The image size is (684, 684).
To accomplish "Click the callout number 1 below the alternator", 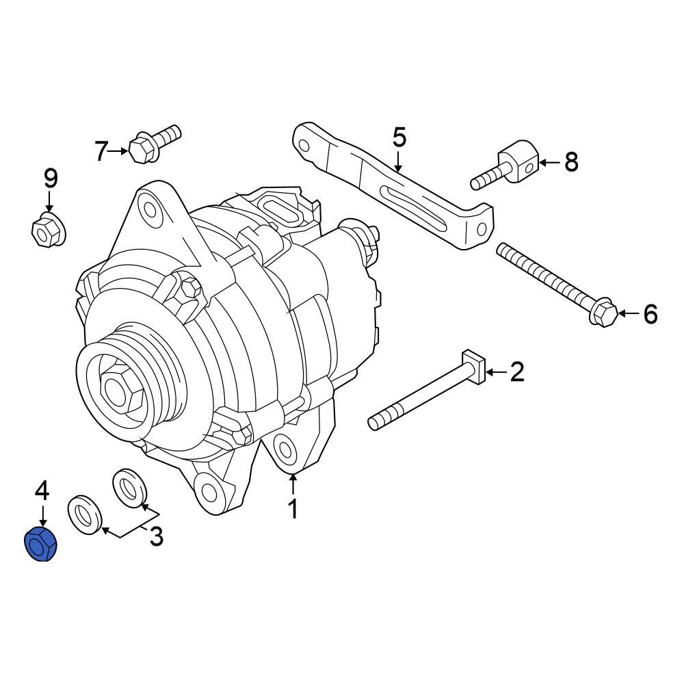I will click(x=293, y=509).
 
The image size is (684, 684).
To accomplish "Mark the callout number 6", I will click(x=650, y=314).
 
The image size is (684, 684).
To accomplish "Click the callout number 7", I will click(x=101, y=150).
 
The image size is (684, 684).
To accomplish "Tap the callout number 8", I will click(x=570, y=162).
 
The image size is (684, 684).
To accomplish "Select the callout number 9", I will click(x=51, y=179).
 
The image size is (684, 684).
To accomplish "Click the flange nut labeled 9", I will click(x=47, y=230).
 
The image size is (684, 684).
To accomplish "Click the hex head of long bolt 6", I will click(x=603, y=313).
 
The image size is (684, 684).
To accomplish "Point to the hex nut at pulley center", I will click(x=120, y=389).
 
